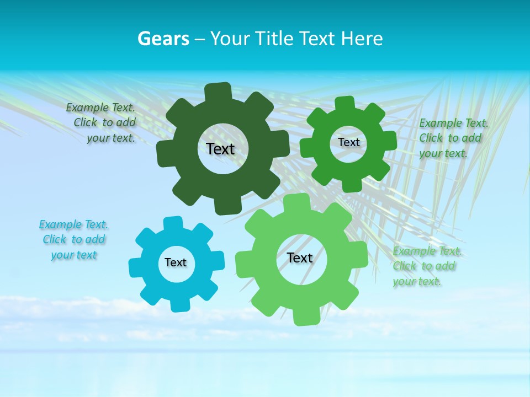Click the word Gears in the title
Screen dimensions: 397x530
(163, 39)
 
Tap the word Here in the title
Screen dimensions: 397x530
(362, 39)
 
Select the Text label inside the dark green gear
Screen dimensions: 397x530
(220, 149)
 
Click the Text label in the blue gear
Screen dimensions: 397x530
(176, 262)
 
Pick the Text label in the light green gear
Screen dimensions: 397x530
(300, 257)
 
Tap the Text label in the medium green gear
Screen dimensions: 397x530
(348, 142)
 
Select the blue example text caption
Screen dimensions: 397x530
(73, 240)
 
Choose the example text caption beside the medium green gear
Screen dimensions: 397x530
(453, 138)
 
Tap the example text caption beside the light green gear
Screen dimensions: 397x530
(426, 266)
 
